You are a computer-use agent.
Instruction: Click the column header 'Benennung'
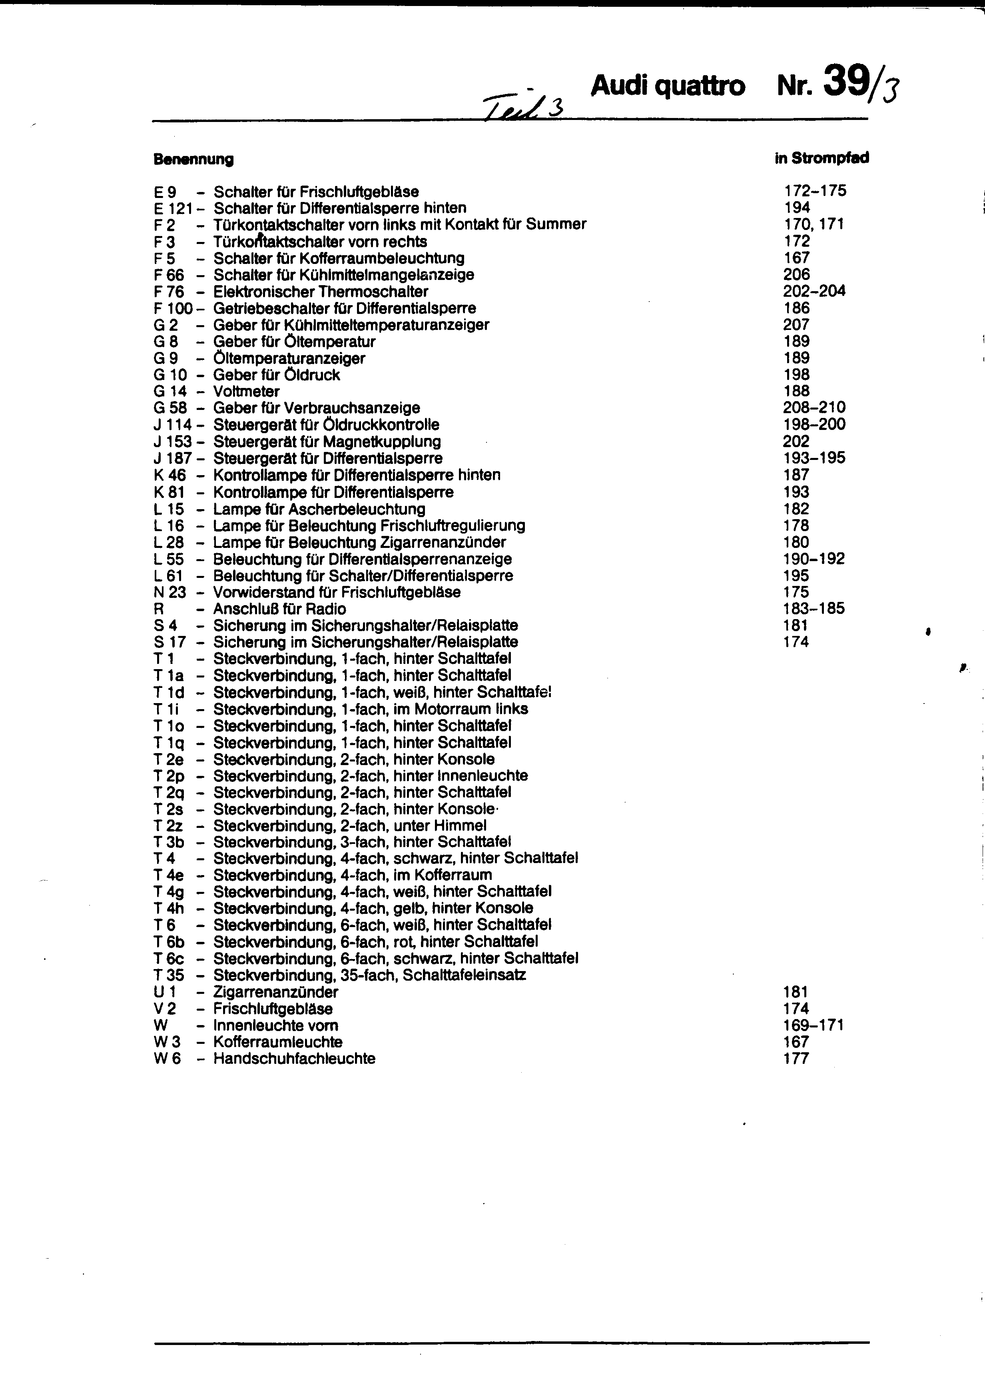point(193,160)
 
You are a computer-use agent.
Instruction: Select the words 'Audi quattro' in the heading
point(667,86)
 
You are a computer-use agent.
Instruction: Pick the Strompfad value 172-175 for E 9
point(815,191)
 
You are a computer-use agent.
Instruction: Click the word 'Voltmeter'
point(246,392)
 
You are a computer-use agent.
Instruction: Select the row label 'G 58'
point(170,408)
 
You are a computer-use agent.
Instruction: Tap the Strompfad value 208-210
point(814,408)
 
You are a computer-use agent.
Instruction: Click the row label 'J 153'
point(172,442)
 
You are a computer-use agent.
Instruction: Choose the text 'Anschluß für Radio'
point(279,609)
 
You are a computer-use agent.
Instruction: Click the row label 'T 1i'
point(166,709)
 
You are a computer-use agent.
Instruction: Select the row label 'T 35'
point(169,975)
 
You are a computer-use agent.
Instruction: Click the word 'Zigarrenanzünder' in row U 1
point(275,993)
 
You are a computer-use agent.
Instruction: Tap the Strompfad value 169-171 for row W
point(814,1025)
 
